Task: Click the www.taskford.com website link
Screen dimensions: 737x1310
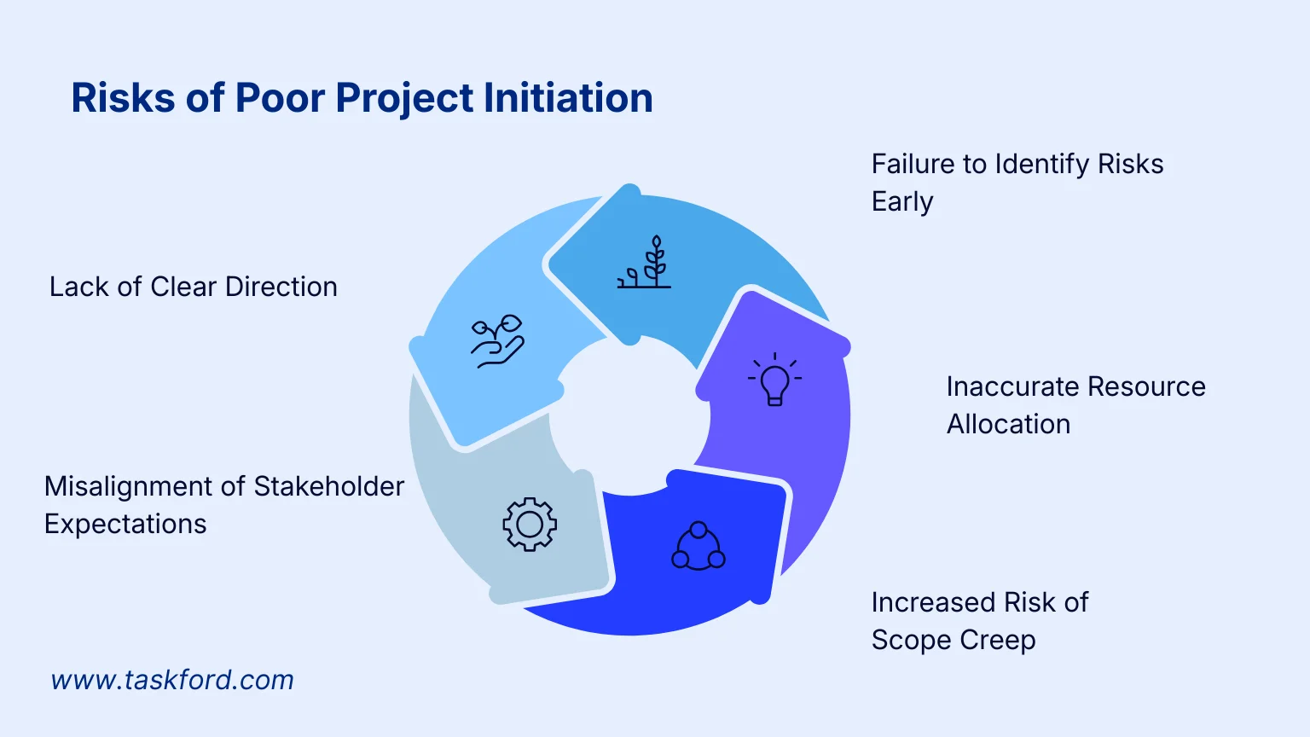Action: pyautogui.click(x=172, y=680)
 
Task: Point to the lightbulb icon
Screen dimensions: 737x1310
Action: pyautogui.click(x=774, y=380)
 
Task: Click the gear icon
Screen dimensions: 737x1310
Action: pyautogui.click(x=530, y=524)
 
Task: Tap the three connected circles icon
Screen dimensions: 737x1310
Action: pyautogui.click(x=698, y=546)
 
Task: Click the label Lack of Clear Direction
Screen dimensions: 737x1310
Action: pyautogui.click(x=193, y=287)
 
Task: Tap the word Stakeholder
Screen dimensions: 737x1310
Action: pyautogui.click(x=329, y=486)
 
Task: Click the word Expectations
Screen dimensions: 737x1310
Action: pyautogui.click(x=125, y=524)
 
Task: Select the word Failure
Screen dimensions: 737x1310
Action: pyautogui.click(x=912, y=164)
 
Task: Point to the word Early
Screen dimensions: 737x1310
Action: pyautogui.click(x=902, y=202)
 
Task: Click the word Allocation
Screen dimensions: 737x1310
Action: pyautogui.click(x=1008, y=424)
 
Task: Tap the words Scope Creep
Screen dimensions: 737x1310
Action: pyautogui.click(x=954, y=640)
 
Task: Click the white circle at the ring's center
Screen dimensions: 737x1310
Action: pyautogui.click(x=629, y=416)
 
